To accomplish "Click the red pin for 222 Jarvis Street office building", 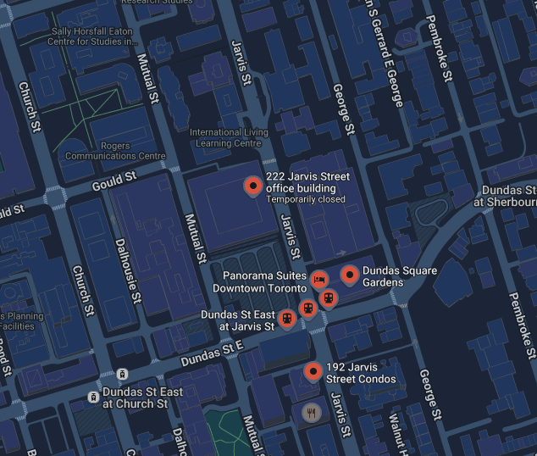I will tap(252, 186).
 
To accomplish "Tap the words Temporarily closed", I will tap(306, 200).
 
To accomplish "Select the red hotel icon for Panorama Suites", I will tap(318, 278).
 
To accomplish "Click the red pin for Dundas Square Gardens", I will tap(349, 274).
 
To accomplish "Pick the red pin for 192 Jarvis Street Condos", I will tap(313, 370).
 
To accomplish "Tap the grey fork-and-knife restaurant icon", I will tap(313, 413).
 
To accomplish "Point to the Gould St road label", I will tap(113, 180).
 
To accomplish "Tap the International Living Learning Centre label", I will tap(229, 137).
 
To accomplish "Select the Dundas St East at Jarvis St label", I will tap(238, 320).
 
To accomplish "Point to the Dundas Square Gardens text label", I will tap(400, 276).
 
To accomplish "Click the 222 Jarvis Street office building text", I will tap(307, 181).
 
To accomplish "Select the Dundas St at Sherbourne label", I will tap(507, 196).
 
